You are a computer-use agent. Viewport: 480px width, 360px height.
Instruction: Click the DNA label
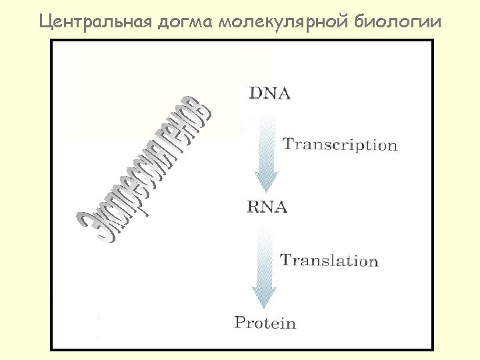(x=270, y=93)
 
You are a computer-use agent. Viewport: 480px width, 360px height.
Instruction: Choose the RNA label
(x=267, y=207)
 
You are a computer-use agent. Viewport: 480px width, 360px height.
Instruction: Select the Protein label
(x=265, y=323)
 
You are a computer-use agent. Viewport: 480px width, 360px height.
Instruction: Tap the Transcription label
(x=340, y=145)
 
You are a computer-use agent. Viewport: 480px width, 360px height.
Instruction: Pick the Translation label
(x=329, y=261)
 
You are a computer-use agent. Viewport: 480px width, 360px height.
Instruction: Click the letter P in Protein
(x=241, y=323)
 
